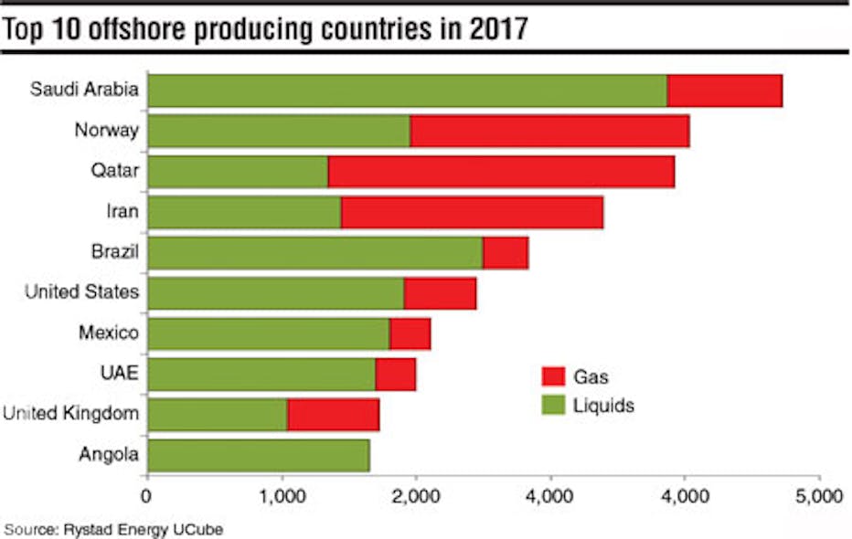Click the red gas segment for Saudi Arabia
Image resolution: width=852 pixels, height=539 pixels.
pyautogui.click(x=724, y=90)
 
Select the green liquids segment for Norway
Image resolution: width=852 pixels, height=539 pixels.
pyautogui.click(x=278, y=131)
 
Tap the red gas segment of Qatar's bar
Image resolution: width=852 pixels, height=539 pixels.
pyautogui.click(x=501, y=172)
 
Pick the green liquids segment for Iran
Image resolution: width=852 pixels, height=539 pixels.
pyautogui.click(x=243, y=212)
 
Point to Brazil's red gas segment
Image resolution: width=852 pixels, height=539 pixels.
pyautogui.click(x=505, y=253)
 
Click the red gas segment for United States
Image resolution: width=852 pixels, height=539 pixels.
pyautogui.click(x=440, y=293)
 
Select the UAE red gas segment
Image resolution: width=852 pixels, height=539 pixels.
pyautogui.click(x=395, y=375)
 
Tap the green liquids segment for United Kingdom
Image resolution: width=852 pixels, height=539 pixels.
pyautogui.click(x=217, y=415)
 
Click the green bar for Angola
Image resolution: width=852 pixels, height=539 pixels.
pyautogui.click(x=258, y=455)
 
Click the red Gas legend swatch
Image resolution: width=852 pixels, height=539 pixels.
pyautogui.click(x=553, y=376)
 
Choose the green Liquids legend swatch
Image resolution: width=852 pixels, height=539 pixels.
pyautogui.click(x=553, y=404)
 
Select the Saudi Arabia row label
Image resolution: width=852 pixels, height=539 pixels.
pyautogui.click(x=84, y=90)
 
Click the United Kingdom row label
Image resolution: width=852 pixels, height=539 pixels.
pyautogui.click(x=70, y=414)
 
